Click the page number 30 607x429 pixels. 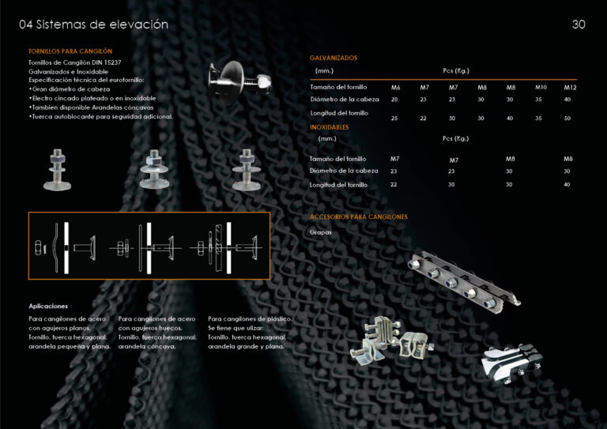click(579, 24)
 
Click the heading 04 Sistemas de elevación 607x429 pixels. click(93, 24)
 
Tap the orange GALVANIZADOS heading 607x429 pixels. click(334, 58)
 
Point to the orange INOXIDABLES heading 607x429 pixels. click(330, 126)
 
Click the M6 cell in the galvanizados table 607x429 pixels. click(396, 87)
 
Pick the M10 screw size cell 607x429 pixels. click(541, 87)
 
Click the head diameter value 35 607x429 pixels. click(539, 100)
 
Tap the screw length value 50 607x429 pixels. click(567, 118)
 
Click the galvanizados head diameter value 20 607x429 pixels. click(394, 100)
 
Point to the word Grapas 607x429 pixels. click(321, 232)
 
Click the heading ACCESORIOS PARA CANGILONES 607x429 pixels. click(359, 216)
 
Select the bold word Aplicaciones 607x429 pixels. click(48, 306)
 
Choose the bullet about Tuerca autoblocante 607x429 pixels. click(100, 116)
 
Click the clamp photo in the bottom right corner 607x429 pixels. click(511, 360)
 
